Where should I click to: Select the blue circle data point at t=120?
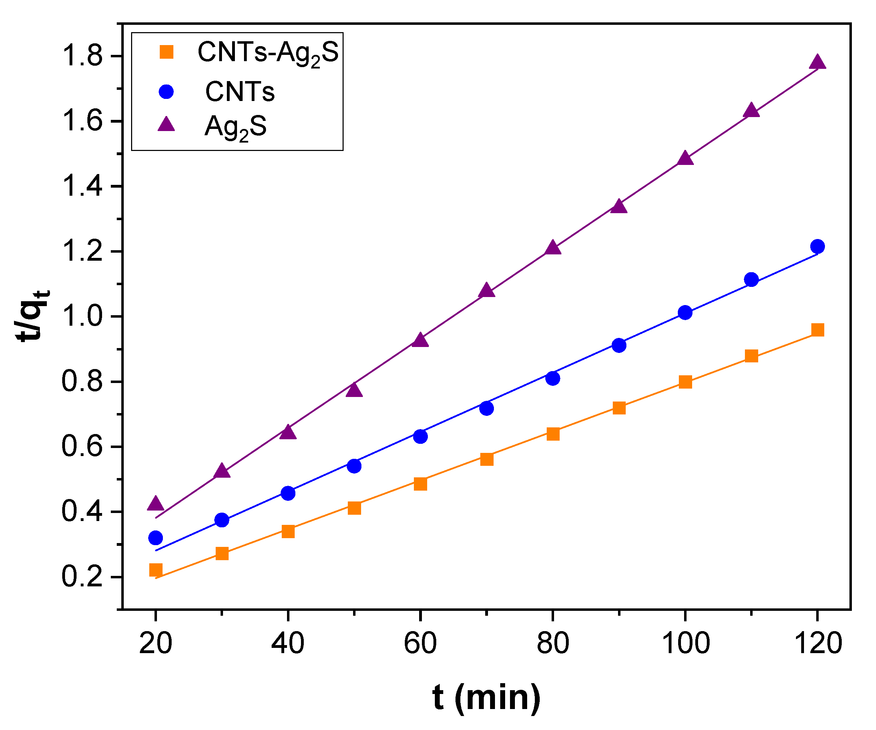[817, 246]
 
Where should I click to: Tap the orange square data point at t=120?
[817, 330]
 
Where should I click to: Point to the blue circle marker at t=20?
[156, 538]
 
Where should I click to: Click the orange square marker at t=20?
[156, 570]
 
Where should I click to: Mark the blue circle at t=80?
[553, 378]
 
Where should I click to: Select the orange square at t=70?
[486, 460]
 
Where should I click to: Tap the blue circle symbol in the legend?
[166, 92]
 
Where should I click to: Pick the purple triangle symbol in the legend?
[166, 125]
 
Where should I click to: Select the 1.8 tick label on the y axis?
[82, 56]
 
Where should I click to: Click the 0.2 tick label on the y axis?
[82, 577]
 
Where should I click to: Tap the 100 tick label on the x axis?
[685, 643]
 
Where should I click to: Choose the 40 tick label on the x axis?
[288, 643]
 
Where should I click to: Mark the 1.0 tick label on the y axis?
[82, 317]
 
